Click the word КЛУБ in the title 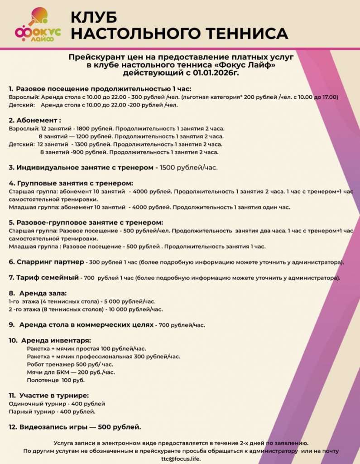click(94, 17)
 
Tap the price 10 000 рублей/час click(135, 309)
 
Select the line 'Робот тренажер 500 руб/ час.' click(70, 364)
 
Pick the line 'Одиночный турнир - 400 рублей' click(57, 403)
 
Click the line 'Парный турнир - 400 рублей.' click(53, 411)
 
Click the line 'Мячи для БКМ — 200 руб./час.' click(71, 372)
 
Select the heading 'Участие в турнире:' click(53, 395)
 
